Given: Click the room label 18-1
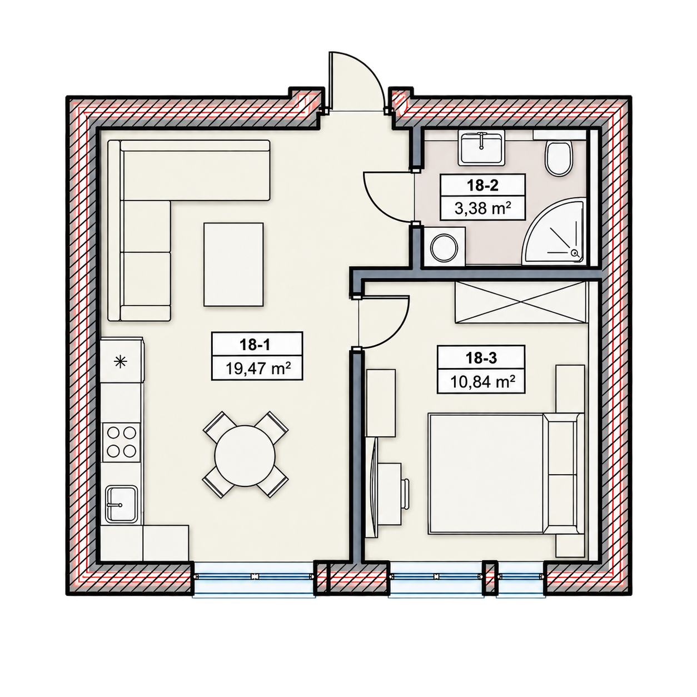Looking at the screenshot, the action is [x=255, y=345].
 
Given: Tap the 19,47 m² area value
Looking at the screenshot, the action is [x=258, y=369].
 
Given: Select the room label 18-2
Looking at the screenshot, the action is [x=482, y=186].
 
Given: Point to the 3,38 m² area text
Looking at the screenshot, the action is [x=482, y=208].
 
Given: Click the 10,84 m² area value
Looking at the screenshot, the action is [x=482, y=382].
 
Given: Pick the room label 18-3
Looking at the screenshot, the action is [x=481, y=358].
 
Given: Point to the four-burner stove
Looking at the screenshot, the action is [x=121, y=442].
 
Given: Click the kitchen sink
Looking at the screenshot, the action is [x=122, y=504].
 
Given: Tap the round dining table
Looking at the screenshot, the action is [x=245, y=456].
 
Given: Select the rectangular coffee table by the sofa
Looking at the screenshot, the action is [x=233, y=265].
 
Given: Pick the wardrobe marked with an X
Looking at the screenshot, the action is [x=520, y=302].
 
